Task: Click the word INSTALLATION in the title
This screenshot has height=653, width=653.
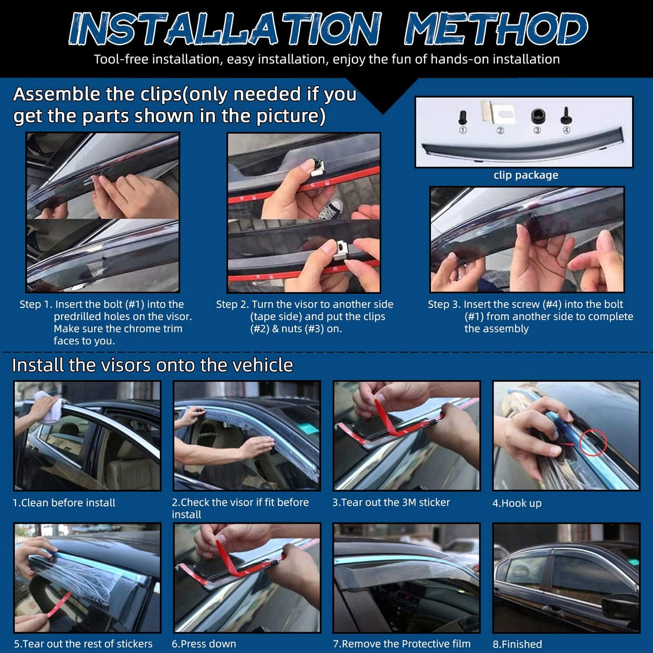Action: (x=225, y=29)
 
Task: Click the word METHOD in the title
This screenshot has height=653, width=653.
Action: (x=495, y=29)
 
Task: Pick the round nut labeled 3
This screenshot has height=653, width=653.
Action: (x=537, y=116)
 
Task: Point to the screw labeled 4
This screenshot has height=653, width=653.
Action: (x=566, y=115)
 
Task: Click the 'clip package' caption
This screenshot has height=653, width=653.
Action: (x=526, y=175)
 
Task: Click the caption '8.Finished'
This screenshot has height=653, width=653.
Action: (x=517, y=644)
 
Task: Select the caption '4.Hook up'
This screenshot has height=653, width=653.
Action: (x=517, y=503)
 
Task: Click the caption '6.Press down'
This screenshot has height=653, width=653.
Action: (x=204, y=644)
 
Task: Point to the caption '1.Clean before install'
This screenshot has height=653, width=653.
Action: (x=64, y=503)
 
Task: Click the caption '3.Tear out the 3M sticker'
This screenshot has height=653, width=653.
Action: (x=391, y=502)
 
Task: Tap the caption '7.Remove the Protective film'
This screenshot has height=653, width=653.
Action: (x=402, y=644)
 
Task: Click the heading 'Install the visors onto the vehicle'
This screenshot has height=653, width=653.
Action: (x=153, y=365)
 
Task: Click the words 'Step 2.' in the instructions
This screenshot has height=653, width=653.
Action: (x=232, y=305)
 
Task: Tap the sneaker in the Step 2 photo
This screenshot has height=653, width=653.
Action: (x=330, y=210)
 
